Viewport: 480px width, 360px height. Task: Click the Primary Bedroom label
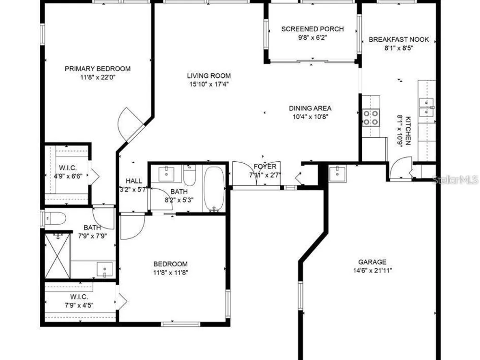[x=97, y=69]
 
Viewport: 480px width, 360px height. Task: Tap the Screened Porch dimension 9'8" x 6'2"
[x=312, y=38]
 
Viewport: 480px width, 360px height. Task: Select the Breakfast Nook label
[x=399, y=39]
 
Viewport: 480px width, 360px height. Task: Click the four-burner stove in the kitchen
[x=371, y=118]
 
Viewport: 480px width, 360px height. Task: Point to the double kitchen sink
[x=426, y=108]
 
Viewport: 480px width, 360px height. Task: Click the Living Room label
[x=209, y=76]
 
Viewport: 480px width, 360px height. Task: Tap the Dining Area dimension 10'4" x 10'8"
[x=311, y=117]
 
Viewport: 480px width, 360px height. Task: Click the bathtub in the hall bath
[x=214, y=189]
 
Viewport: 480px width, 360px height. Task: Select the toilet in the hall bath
[x=190, y=175]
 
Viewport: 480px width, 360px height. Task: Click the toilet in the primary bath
[x=55, y=219]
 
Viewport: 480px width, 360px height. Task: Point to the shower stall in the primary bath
[x=58, y=256]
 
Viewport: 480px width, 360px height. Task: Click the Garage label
[x=372, y=262]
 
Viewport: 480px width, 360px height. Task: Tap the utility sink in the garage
[x=337, y=174]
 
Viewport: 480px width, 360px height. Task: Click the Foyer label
[x=265, y=167]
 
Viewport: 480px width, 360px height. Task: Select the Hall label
[x=134, y=181]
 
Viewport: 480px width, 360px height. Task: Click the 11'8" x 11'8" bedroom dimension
[x=170, y=273]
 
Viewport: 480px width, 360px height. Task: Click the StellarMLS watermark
[x=456, y=180]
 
